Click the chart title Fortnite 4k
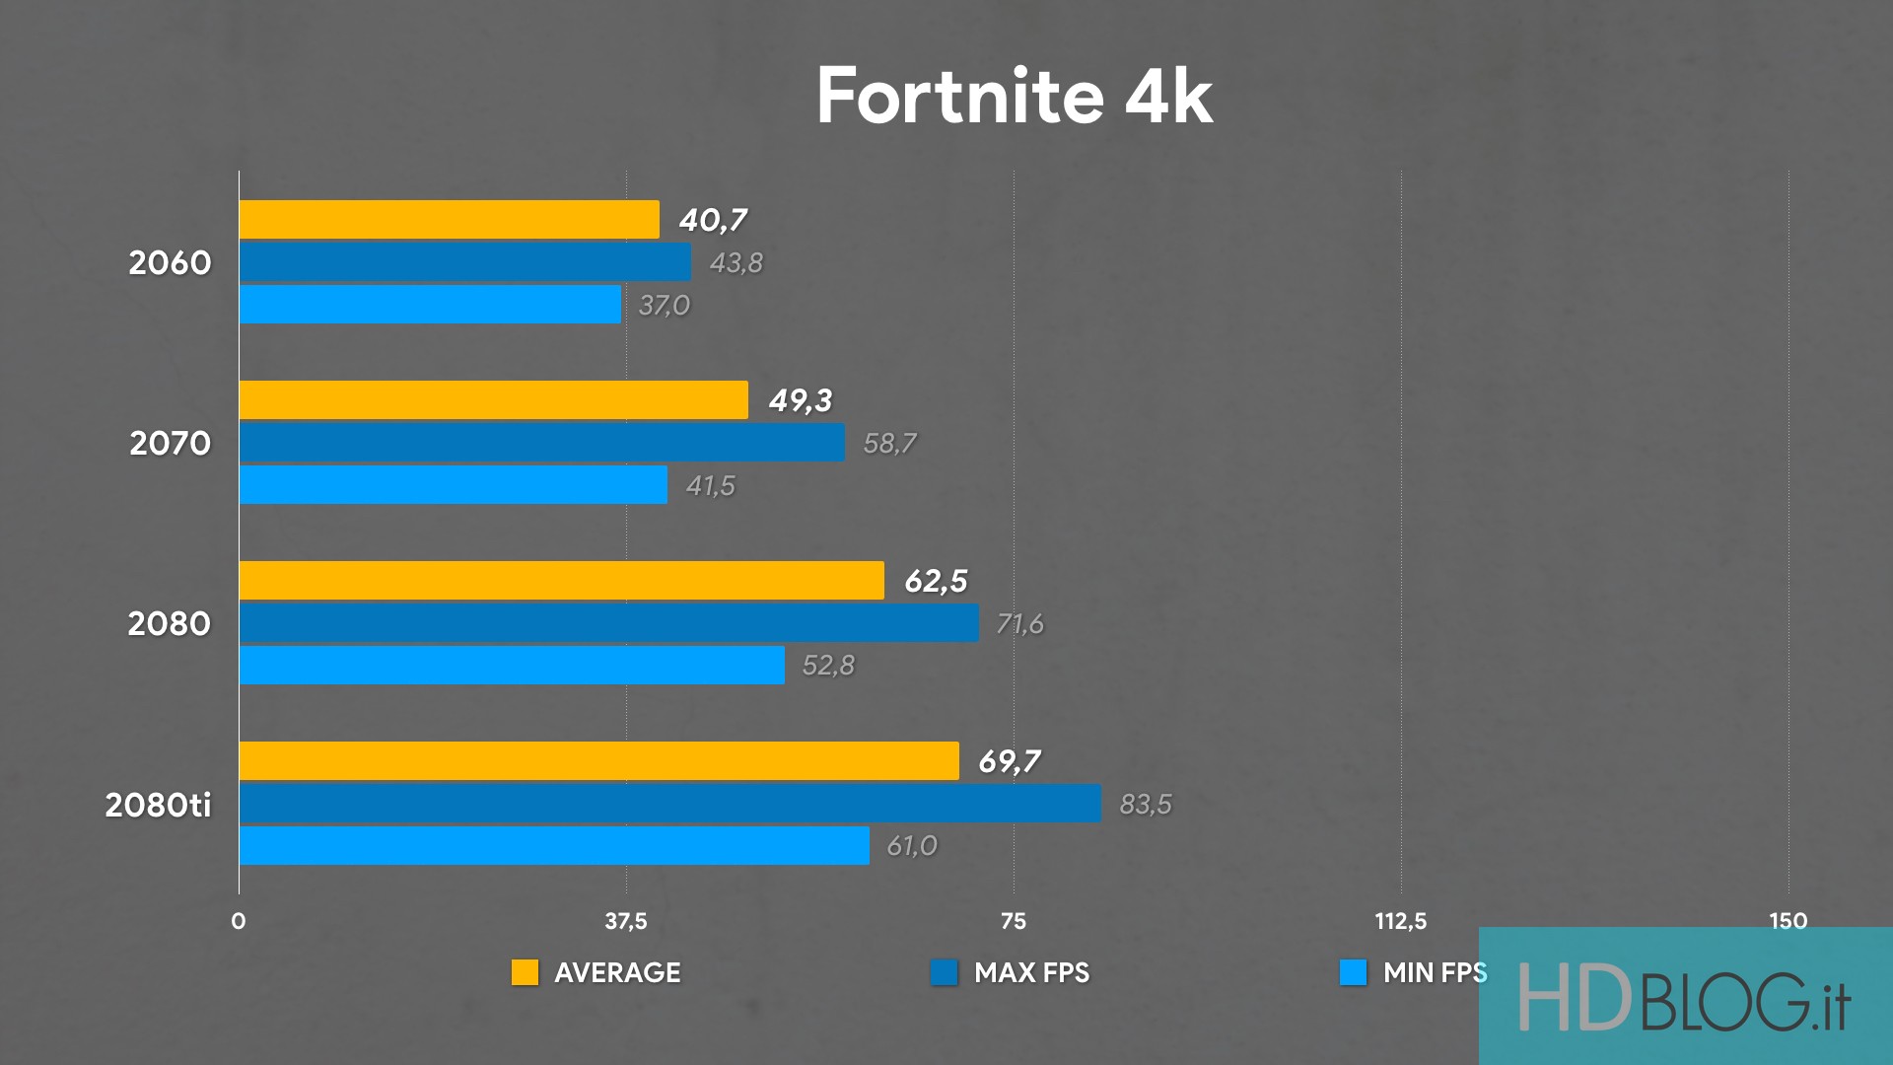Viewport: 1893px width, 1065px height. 1015,97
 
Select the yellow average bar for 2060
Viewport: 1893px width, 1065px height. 449,220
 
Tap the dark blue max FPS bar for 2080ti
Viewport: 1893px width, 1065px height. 669,804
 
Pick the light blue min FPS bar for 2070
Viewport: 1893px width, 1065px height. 453,485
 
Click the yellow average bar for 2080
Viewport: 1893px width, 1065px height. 561,581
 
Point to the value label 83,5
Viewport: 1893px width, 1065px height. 1146,805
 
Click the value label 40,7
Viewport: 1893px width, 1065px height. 713,220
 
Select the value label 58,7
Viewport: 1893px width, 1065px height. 889,444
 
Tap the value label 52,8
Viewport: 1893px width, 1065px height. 828,666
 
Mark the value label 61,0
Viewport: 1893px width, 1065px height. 912,846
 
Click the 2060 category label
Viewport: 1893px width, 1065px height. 170,263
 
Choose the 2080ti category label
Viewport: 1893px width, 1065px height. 158,806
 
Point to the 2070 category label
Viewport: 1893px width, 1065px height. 170,444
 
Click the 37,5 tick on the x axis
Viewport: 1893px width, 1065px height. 626,921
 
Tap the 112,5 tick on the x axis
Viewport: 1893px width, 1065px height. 1400,921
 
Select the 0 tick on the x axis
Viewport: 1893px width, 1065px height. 239,921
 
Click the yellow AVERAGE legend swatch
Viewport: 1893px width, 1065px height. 525,972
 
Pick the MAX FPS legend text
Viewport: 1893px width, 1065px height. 1031,973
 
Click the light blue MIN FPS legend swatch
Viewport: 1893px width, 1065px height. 1353,972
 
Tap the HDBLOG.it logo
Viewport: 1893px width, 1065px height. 1684,998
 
